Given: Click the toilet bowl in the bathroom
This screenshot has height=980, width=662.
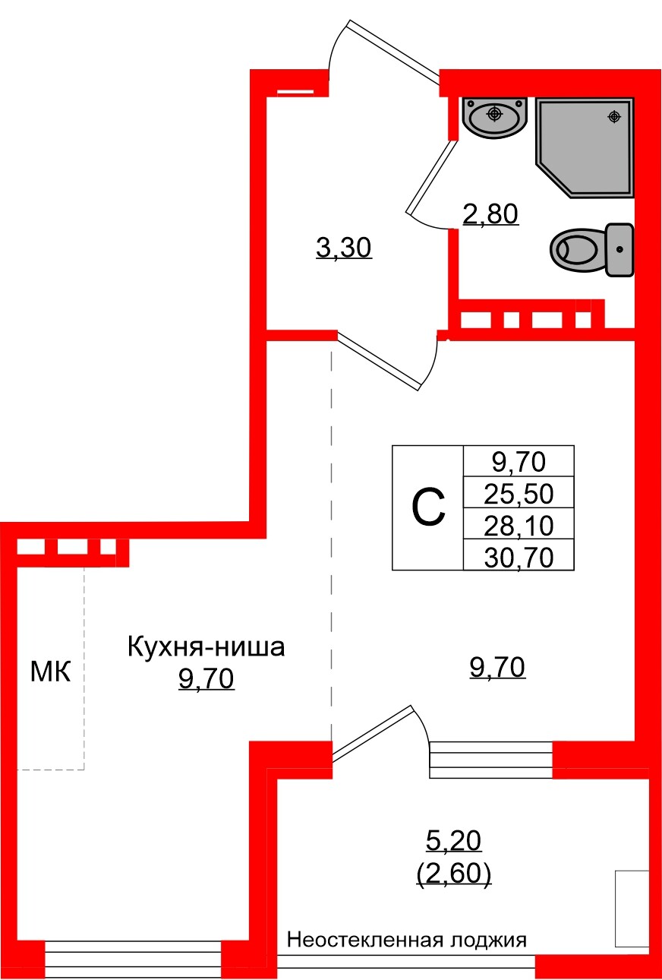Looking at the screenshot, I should click(x=575, y=248).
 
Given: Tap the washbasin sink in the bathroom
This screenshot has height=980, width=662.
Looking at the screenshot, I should click(x=494, y=117).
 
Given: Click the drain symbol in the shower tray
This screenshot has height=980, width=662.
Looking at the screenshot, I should click(x=614, y=117).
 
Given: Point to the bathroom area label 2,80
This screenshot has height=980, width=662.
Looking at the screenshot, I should click(x=490, y=215).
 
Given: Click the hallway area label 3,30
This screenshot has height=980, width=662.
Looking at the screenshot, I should click(x=344, y=248).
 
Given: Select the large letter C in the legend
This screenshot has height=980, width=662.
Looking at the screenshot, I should click(x=428, y=507).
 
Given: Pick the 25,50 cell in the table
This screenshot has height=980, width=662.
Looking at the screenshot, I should click(x=519, y=495).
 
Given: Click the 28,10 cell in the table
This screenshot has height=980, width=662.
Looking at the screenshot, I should click(x=519, y=524).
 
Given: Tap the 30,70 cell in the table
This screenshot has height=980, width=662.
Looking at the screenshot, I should click(x=519, y=557).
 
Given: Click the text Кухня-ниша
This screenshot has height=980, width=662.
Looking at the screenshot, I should click(x=206, y=648).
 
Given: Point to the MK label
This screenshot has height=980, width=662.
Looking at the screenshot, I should click(x=50, y=672).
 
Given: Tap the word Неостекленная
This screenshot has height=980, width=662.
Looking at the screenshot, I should click(x=364, y=940).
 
